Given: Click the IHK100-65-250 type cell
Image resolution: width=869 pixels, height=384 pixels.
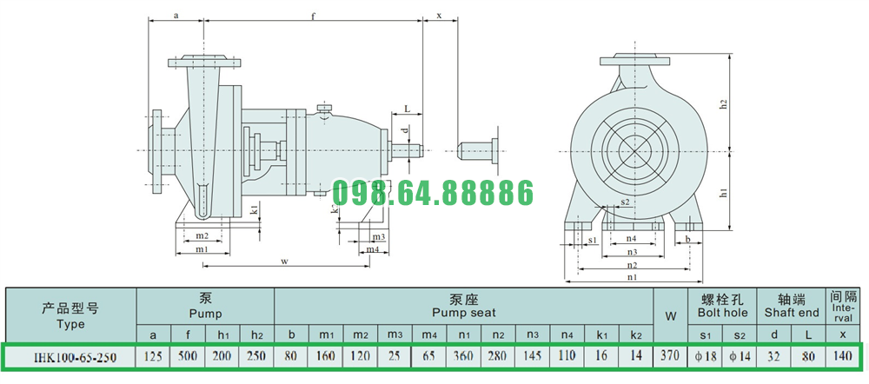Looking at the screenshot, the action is (70, 357).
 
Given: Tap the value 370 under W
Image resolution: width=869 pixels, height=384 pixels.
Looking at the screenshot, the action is (670, 356).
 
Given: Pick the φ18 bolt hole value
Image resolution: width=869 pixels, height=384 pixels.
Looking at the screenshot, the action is (705, 356).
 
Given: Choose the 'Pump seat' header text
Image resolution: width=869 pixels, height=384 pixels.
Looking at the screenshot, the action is (464, 313).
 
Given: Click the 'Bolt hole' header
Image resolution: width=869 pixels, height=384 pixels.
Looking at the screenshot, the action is (722, 313).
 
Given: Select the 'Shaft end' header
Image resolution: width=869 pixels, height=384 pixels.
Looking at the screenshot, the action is (792, 313).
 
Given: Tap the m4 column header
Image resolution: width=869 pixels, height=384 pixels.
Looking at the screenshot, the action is (428, 335).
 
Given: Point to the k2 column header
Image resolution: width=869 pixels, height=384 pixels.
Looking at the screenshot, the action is (636, 335).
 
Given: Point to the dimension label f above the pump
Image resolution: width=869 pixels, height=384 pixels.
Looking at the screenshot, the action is (313, 16).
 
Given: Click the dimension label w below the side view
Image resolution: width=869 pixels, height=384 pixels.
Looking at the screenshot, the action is (285, 262).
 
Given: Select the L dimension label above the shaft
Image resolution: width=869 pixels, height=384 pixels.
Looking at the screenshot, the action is (407, 109).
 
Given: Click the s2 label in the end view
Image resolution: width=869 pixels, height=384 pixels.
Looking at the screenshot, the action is (626, 202).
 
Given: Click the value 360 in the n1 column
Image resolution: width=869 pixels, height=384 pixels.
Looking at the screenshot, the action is (464, 356).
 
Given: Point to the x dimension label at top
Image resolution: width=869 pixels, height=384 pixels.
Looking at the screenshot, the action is (440, 16).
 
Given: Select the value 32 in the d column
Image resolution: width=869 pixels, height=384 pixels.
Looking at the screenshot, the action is (774, 356).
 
